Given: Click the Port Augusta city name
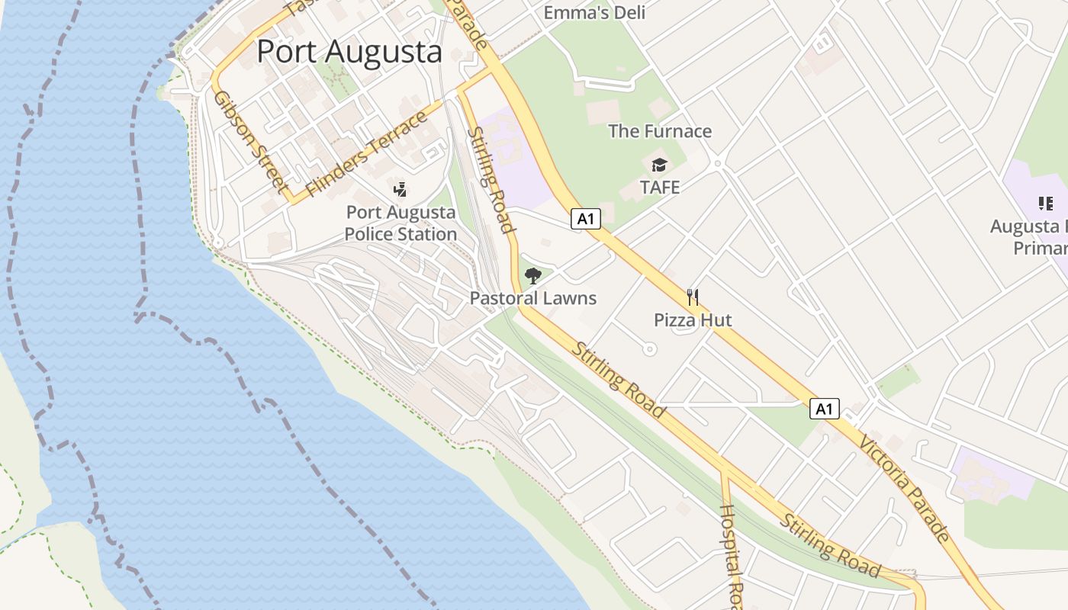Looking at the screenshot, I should [349, 52].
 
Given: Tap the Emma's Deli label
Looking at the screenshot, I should [594, 12].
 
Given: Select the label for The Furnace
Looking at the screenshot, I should [660, 131].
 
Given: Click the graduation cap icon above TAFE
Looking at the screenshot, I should [659, 165].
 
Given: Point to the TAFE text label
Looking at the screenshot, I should [660, 187].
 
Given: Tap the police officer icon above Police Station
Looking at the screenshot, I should [400, 189].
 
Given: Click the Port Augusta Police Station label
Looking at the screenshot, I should [400, 223].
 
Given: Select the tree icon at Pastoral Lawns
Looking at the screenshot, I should [533, 276].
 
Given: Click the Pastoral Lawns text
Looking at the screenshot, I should [533, 298].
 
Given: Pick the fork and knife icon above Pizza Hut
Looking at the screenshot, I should [693, 297].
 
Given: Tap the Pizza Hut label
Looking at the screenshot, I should [693, 319].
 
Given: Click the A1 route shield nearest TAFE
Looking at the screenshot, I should [586, 220].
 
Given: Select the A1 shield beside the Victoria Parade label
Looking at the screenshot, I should [824, 409].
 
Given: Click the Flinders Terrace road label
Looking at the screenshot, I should [366, 154].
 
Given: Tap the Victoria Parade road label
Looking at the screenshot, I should [905, 488].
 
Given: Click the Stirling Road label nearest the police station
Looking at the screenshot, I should [489, 179].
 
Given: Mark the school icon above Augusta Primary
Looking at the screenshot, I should [1045, 203].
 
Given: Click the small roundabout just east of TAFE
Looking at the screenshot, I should [717, 162].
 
